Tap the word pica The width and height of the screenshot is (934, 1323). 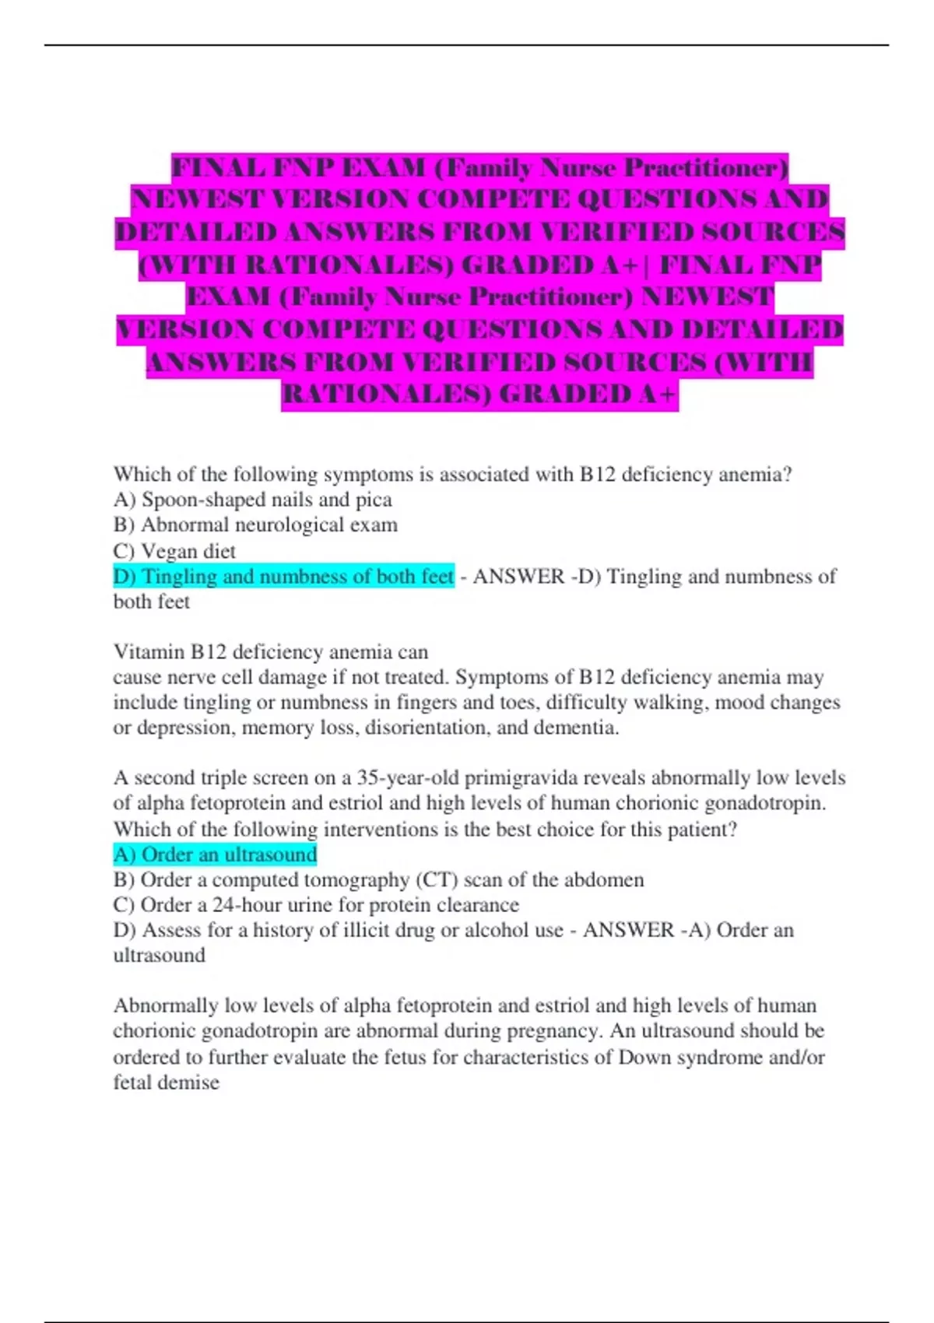tap(374, 500)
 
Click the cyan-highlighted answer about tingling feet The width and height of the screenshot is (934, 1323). tap(283, 577)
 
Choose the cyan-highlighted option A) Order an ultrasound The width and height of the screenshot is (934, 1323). tap(215, 855)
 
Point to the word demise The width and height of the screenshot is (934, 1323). tap(191, 1083)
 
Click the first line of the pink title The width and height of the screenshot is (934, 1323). tap(479, 167)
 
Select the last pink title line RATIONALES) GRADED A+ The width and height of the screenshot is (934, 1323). tap(479, 395)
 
